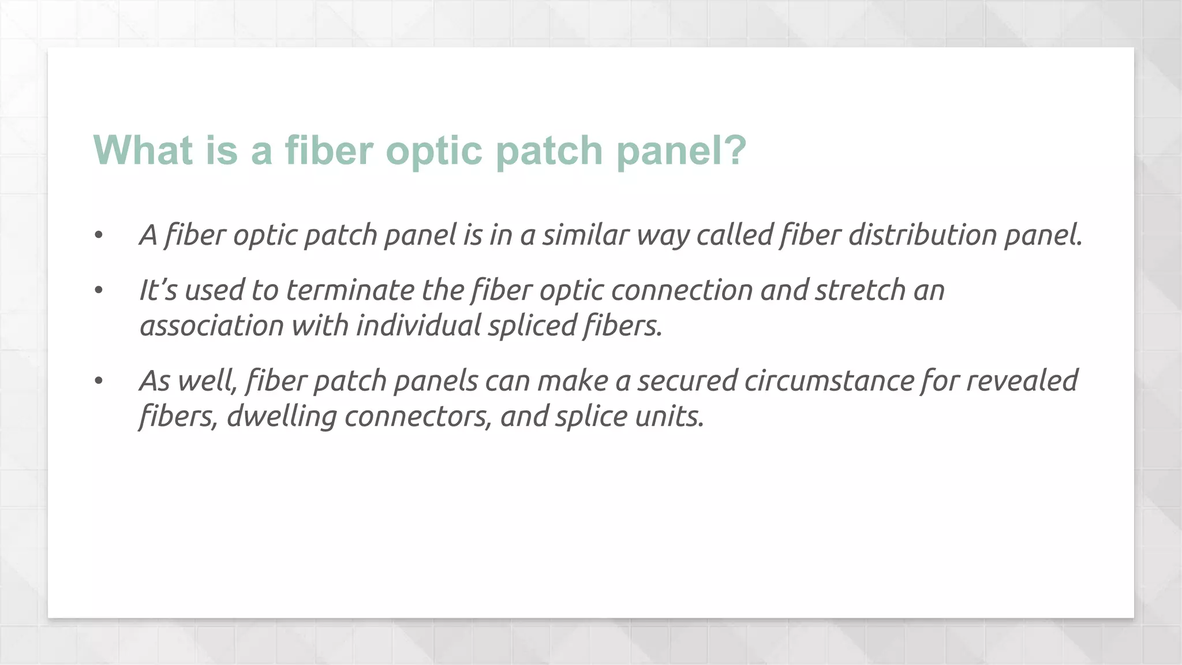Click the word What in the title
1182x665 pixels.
[143, 150]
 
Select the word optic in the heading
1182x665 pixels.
[433, 151]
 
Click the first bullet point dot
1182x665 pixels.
[99, 236]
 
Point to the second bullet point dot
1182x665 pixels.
[99, 290]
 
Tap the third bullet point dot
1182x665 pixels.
[99, 381]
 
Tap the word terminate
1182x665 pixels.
[350, 290]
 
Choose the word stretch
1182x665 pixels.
[861, 290]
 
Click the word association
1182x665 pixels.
[212, 326]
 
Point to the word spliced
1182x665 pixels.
[532, 326]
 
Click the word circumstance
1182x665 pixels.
[829, 381]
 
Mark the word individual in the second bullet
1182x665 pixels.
[418, 326]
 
